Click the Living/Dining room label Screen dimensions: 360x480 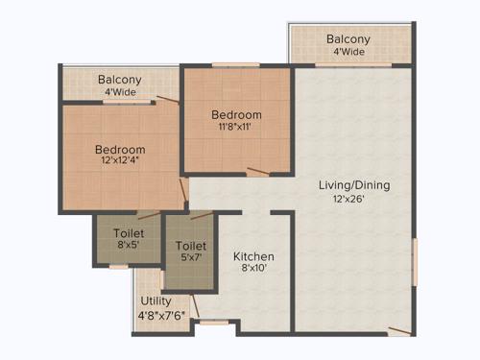[x=355, y=185]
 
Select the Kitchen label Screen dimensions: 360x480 [x=254, y=256]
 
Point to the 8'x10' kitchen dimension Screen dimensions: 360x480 [x=254, y=270]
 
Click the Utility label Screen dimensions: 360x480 [x=156, y=300]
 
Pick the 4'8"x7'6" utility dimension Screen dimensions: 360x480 [x=160, y=313]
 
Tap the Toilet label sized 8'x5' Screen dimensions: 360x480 [x=129, y=233]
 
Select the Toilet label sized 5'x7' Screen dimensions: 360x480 [x=191, y=246]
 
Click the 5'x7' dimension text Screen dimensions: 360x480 [x=191, y=258]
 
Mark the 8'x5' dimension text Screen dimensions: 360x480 [x=129, y=246]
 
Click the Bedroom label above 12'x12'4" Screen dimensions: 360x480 [x=120, y=150]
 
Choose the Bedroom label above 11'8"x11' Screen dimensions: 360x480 [x=237, y=115]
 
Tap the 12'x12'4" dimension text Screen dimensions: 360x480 [x=120, y=162]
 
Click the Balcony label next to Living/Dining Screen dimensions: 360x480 [x=348, y=39]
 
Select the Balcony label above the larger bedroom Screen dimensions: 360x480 [x=120, y=80]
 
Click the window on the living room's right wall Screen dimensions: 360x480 [x=415, y=261]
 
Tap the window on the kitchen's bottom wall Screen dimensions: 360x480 [x=214, y=323]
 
